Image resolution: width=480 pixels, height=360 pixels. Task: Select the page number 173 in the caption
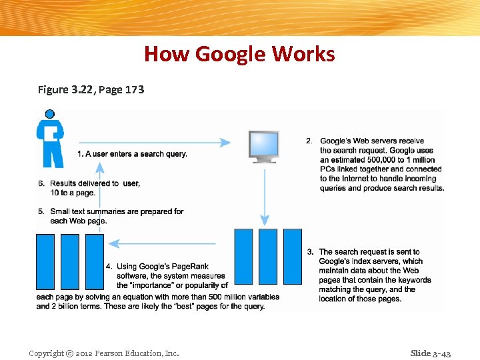coord(131,89)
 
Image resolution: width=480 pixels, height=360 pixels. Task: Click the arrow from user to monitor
coord(153,142)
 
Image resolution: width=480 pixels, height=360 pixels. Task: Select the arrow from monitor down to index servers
coord(265,197)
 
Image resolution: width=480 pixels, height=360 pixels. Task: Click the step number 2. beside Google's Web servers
coord(309,141)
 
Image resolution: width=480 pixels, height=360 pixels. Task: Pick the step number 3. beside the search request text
coord(310,252)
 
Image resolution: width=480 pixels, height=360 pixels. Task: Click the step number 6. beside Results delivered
coord(41,183)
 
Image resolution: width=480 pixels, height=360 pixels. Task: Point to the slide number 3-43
coord(441,353)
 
